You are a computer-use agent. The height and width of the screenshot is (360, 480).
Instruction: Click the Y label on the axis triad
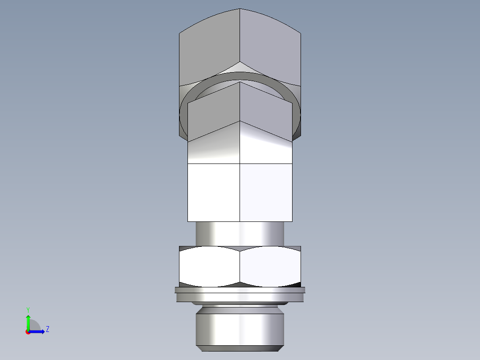(28, 309)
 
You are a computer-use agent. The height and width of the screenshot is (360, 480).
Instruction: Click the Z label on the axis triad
(47, 329)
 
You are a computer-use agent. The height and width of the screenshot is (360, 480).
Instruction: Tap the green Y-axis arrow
(28, 321)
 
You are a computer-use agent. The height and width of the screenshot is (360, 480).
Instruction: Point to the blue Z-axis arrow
(38, 331)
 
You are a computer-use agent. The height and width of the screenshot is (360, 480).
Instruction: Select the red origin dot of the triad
(28, 332)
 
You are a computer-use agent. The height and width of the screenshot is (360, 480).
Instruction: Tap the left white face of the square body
(214, 192)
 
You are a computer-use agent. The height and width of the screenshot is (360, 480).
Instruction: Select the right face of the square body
(266, 192)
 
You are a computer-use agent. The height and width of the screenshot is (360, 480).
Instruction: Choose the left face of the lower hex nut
(209, 266)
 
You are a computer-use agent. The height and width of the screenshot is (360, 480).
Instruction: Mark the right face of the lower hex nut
(270, 266)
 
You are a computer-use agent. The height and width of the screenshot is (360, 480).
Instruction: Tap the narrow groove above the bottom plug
(240, 307)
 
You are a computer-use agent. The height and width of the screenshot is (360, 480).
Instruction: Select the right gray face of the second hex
(266, 111)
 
